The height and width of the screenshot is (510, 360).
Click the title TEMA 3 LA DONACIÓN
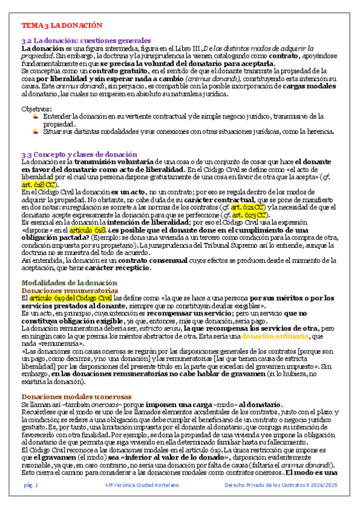coord(62,26)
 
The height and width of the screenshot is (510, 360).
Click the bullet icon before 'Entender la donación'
coord(37,116)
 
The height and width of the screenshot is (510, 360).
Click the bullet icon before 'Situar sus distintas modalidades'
coord(37,131)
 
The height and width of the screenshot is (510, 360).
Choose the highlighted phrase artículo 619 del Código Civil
coord(71,298)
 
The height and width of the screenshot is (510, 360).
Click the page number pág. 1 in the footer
coord(31,502)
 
